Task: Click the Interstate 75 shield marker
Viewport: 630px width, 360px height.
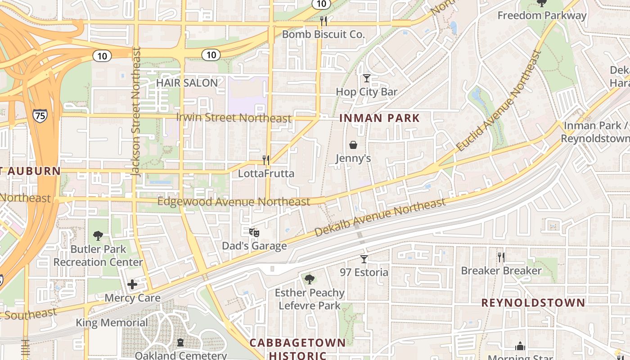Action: [40, 115]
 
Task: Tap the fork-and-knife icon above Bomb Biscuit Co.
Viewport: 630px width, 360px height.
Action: [323, 21]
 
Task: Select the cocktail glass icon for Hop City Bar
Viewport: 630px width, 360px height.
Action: [367, 78]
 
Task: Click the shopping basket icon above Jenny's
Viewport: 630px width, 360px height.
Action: [353, 145]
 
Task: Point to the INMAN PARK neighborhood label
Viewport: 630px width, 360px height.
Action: [379, 118]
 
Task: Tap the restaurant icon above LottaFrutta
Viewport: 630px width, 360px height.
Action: [266, 160]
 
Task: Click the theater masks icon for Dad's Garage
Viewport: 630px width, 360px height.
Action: [254, 233]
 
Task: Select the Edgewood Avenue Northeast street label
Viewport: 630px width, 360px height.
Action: [234, 202]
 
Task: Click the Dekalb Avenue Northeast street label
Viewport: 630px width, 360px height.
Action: [380, 217]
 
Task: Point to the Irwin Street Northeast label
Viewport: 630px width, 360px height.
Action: [234, 118]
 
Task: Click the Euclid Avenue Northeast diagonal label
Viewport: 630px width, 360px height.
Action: [499, 100]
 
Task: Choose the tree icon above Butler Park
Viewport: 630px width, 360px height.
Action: [98, 235]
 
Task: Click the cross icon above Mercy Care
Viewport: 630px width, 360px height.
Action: [132, 284]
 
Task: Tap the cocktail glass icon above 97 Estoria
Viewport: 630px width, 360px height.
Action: [364, 259]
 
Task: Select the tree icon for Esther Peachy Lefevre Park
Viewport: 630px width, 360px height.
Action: [309, 279]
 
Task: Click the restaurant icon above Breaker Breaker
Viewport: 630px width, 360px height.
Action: [501, 257]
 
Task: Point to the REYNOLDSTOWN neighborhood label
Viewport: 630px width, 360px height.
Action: [533, 302]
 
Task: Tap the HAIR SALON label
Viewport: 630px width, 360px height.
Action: [187, 83]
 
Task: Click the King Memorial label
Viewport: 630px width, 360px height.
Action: [112, 323]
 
